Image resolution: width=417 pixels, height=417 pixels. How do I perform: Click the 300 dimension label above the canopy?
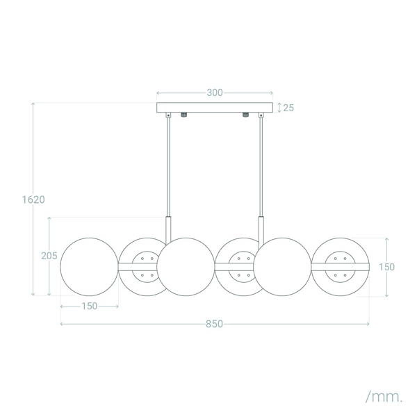pos(215,92)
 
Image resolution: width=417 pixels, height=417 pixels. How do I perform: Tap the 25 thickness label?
pos(289,108)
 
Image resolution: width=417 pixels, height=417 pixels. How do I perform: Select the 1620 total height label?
pos(33,199)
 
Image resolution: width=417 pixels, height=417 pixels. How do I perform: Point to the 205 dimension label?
pos(49,256)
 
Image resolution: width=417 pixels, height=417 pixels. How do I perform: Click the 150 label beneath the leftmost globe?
pos(89,306)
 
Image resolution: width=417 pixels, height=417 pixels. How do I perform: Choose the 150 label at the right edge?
pos(386,266)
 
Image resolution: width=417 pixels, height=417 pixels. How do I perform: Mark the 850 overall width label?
pos(214,324)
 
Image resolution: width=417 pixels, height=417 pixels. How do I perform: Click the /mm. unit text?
pos(384,397)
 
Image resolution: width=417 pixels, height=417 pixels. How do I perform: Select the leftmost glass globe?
pos(89,267)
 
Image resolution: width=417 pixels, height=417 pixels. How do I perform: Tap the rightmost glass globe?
pos(340,267)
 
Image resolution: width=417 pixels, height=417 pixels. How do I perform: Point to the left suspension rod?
pos(167,167)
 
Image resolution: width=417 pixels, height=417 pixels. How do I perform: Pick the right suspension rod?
pos(262,167)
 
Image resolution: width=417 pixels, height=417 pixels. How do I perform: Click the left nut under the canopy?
pos(184,115)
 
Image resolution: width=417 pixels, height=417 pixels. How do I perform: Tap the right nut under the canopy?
pos(245,115)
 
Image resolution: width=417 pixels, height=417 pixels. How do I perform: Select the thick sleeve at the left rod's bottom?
pos(167,227)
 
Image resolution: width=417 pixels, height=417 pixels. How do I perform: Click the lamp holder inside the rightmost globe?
pos(341,267)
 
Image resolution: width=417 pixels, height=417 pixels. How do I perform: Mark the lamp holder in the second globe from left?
pos(144,267)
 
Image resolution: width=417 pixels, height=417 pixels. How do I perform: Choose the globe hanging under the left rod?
pos(186,267)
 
